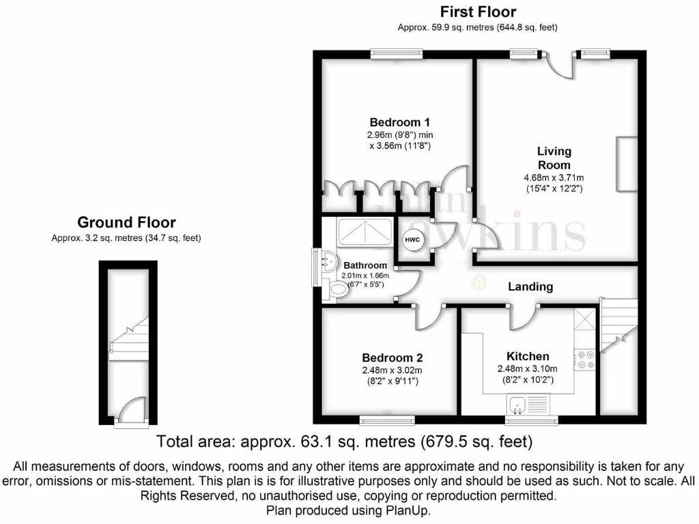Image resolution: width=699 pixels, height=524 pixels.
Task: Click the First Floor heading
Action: click(478, 12)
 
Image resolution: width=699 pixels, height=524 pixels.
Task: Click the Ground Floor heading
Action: click(126, 222)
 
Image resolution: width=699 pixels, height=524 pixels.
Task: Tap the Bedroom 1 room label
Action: click(399, 122)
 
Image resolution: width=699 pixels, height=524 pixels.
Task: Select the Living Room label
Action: click(554, 158)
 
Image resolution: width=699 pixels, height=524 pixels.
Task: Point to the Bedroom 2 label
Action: click(393, 358)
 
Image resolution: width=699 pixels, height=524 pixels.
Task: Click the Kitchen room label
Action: click(528, 356)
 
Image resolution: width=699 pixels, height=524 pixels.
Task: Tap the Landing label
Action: click(530, 287)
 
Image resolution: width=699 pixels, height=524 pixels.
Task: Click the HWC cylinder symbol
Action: click(412, 240)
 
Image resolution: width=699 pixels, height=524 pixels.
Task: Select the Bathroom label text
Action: click(365, 265)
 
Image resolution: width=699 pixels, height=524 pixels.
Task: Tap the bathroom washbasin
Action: click(328, 260)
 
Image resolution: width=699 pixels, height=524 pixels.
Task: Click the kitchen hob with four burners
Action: click(585, 360)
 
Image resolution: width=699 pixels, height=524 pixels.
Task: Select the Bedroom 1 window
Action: click(397, 53)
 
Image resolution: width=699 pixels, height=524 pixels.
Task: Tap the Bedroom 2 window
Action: click(386, 418)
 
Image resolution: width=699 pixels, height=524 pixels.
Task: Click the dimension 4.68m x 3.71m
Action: click(554, 178)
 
